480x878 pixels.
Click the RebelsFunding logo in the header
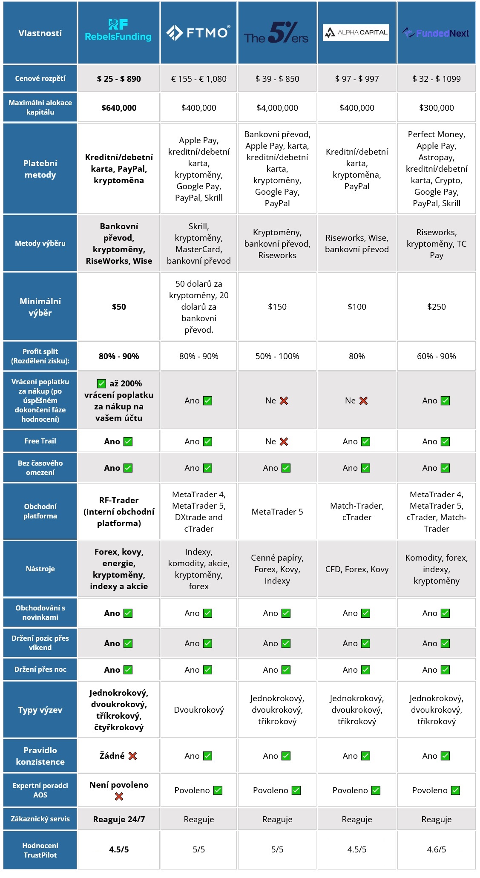coord(118,31)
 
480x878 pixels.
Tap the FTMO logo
coord(198,32)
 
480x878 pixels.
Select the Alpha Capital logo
coord(356,32)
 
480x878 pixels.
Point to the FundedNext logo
coord(436,33)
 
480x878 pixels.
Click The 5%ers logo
coord(276,33)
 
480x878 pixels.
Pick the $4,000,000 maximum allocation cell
coord(277,108)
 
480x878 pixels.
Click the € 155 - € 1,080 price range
coord(198,79)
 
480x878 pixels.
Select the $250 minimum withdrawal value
coord(436,307)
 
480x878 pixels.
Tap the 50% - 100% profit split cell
coord(277,356)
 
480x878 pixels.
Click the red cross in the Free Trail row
coord(284,442)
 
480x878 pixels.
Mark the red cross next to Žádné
coord(132,756)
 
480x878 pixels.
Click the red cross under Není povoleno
coord(119,796)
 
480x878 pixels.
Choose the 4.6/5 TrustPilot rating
coord(436,849)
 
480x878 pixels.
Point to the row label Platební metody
coord(40,169)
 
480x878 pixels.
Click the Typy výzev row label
coord(40,710)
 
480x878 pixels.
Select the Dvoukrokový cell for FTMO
coord(198,710)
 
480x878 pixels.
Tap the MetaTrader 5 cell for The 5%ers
coord(277,512)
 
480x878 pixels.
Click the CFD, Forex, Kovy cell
coord(356,569)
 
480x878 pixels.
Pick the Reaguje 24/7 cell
coord(119,819)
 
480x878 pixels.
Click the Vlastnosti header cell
coord(40,33)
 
